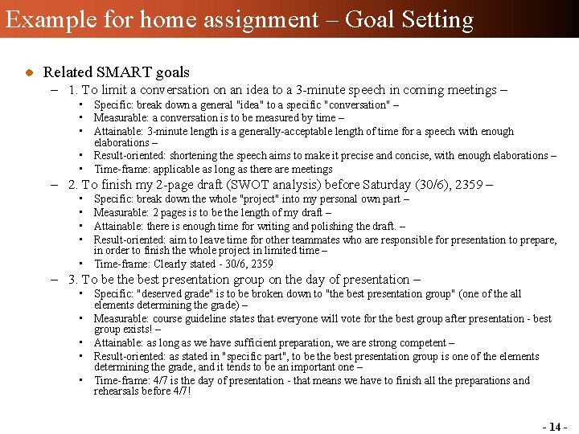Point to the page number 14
click(x=555, y=427)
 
